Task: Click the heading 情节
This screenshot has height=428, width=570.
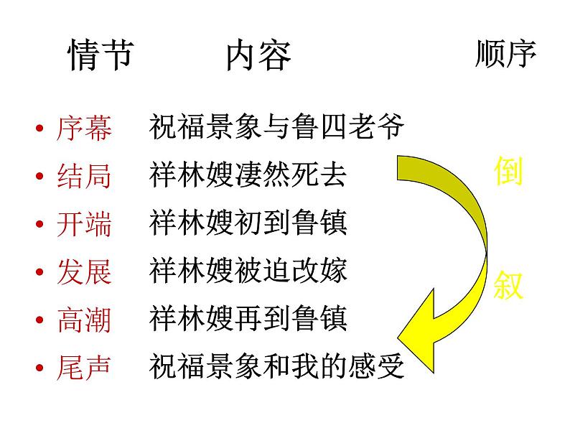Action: point(101,55)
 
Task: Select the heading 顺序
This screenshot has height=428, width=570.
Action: point(505,55)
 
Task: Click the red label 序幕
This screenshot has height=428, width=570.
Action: point(84,129)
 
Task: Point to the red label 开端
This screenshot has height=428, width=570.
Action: point(84,225)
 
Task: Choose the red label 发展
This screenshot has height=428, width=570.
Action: point(84,272)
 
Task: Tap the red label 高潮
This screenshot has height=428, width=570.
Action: point(84,320)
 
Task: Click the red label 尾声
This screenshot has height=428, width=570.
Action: point(84,367)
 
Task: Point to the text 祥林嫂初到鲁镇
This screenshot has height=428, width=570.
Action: point(248,224)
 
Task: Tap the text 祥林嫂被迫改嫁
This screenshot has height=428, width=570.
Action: point(248,271)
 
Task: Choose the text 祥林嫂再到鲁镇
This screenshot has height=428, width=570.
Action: point(248,319)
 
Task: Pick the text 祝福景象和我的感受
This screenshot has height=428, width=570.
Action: point(277,367)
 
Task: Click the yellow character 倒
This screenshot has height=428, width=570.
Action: point(508,172)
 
